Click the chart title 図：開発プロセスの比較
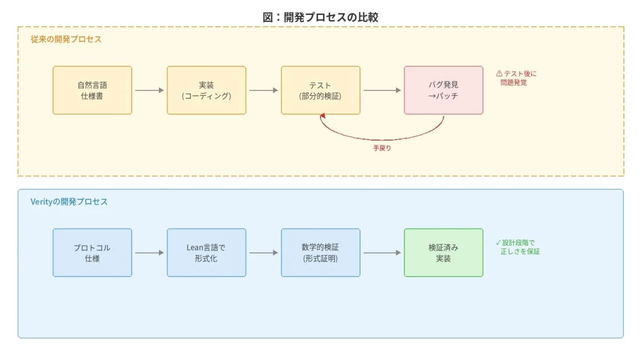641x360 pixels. coord(320,17)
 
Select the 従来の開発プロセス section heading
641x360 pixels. coord(66,40)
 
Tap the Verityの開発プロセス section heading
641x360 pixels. coord(69,202)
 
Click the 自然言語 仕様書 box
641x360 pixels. coord(92,90)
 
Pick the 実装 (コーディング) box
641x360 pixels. coord(207,90)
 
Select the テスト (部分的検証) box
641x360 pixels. coord(320,90)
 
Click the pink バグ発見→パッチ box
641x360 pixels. coord(443,90)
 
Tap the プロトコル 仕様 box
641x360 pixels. coord(92,252)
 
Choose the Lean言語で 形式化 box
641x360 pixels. coord(207,252)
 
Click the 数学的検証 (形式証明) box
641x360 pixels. coord(320,252)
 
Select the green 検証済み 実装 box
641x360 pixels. coord(443,252)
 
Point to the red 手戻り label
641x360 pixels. coord(382,148)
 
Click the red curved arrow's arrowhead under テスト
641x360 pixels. coord(322,116)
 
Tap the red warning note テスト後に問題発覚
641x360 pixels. coord(516,78)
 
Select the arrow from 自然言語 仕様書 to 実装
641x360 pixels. coord(149,90)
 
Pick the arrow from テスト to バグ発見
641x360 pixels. coord(382,90)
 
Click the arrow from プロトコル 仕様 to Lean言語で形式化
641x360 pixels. coord(149,252)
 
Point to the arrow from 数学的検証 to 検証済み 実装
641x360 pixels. coord(382,252)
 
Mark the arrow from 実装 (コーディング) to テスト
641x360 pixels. coord(264,90)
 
